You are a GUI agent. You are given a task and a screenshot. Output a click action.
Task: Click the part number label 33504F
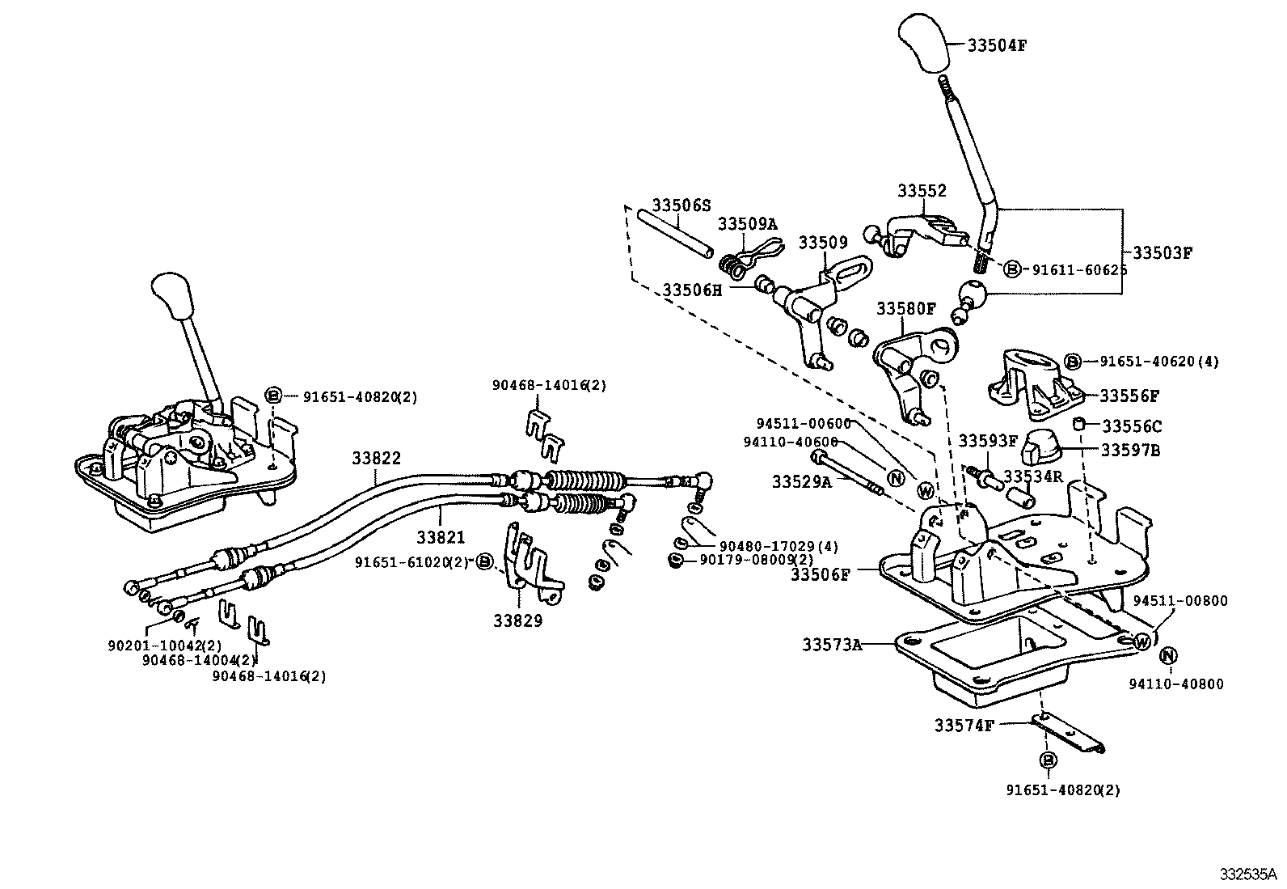(x=998, y=45)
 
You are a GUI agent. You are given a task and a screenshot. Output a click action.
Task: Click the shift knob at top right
(x=923, y=40)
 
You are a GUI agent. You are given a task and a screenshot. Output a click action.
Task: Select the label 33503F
(x=1162, y=252)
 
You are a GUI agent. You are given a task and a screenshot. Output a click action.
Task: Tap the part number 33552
(x=922, y=191)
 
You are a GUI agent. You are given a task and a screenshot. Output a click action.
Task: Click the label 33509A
(x=748, y=223)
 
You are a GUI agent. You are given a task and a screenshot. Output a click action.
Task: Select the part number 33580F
(x=906, y=308)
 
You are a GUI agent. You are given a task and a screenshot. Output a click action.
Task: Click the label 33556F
(x=1129, y=396)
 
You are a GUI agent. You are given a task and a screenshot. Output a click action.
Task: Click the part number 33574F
(x=964, y=726)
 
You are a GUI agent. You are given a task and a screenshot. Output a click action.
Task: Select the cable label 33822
(x=376, y=458)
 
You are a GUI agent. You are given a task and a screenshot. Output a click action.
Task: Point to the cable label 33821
(x=441, y=537)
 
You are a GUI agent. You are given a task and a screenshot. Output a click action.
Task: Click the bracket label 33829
(x=518, y=620)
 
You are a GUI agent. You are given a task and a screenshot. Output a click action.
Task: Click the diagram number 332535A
(x=1248, y=874)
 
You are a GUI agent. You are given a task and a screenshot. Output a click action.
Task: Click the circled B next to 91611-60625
(x=1011, y=269)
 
